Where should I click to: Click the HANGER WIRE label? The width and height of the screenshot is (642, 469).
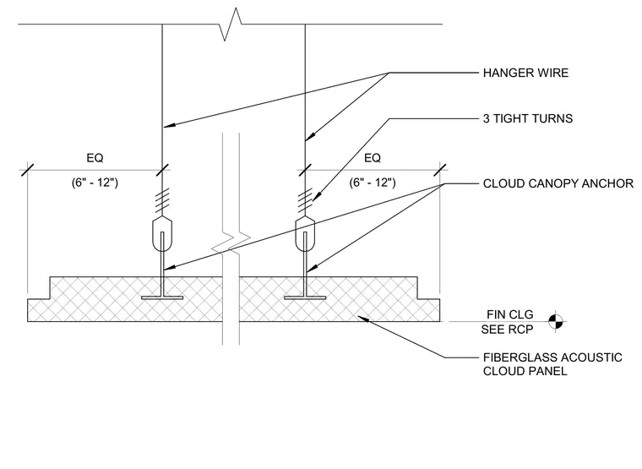pyautogui.click(x=525, y=73)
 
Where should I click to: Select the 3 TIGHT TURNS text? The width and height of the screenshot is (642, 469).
pyautogui.click(x=528, y=118)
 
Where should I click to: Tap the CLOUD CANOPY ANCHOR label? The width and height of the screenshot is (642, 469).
pyautogui.click(x=558, y=183)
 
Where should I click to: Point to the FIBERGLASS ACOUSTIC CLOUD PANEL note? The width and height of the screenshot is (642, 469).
pyautogui.click(x=552, y=364)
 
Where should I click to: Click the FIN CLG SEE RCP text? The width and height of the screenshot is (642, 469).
pyautogui.click(x=508, y=322)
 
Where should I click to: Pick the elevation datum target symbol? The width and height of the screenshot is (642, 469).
pyautogui.click(x=556, y=322)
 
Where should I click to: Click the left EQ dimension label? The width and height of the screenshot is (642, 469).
pyautogui.click(x=95, y=158)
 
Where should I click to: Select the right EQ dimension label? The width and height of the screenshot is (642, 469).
pyautogui.click(x=373, y=158)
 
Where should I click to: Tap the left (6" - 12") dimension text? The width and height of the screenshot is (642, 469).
pyautogui.click(x=95, y=183)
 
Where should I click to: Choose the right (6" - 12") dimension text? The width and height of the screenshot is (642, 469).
pyautogui.click(x=373, y=183)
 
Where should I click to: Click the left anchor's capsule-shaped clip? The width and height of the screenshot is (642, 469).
pyautogui.click(x=162, y=234)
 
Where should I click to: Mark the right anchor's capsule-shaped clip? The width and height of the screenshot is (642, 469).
pyautogui.click(x=305, y=234)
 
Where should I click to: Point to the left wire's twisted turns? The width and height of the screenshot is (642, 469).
pyautogui.click(x=162, y=201)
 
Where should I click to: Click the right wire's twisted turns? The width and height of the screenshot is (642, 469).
pyautogui.click(x=305, y=201)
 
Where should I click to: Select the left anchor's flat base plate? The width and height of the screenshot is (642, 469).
pyautogui.click(x=162, y=297)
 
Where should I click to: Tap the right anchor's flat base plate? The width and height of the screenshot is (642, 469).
pyautogui.click(x=305, y=297)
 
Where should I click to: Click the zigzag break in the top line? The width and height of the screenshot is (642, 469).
pyautogui.click(x=230, y=25)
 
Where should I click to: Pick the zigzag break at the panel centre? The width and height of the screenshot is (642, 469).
pyautogui.click(x=231, y=243)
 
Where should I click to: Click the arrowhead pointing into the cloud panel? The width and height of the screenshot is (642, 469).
pyautogui.click(x=362, y=318)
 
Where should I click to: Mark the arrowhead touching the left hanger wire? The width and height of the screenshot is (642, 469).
pyautogui.click(x=169, y=125)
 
